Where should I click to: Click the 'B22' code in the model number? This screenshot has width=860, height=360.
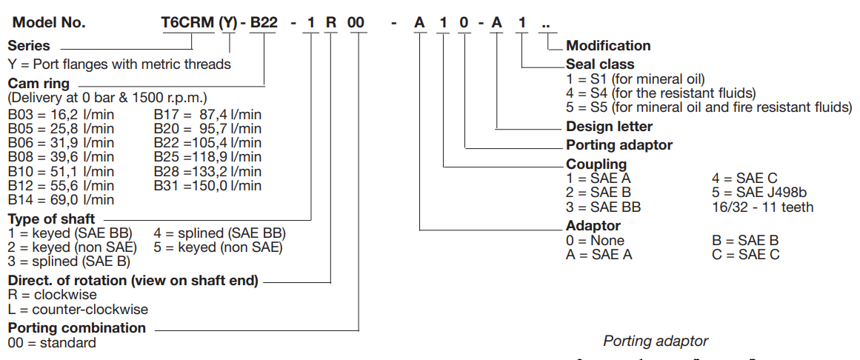tap(263, 22)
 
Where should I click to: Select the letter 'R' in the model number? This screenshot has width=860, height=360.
tap(330, 22)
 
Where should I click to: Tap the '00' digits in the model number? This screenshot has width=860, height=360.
tap(356, 22)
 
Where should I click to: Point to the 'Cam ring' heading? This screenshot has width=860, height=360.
tap(39, 83)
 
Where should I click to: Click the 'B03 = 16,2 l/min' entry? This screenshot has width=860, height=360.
tap(61, 115)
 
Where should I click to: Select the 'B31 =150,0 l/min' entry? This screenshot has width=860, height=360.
tap(207, 185)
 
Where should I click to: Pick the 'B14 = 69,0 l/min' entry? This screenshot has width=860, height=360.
tap(61, 200)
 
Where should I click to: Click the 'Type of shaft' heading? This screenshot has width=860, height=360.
tap(51, 219)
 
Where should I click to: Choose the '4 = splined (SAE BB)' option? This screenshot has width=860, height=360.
tap(219, 233)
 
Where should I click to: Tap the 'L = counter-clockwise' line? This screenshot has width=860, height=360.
tap(78, 309)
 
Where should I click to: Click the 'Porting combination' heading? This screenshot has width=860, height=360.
tap(77, 327)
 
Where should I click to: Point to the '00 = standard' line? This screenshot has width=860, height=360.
tap(52, 342)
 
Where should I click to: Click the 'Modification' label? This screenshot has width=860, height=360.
tap(608, 46)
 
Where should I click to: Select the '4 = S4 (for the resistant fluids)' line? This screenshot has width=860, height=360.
tap(661, 93)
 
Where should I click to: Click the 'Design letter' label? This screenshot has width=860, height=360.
tap(609, 126)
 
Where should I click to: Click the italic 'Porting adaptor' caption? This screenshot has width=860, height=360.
tap(656, 341)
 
